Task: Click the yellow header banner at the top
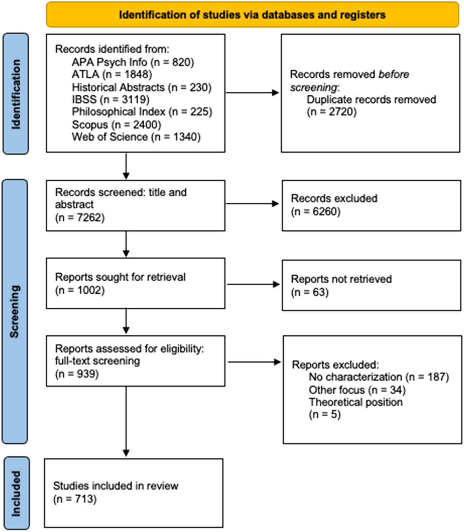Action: (x=252, y=15)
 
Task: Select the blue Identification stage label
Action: (x=16, y=94)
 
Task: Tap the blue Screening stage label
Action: (x=15, y=312)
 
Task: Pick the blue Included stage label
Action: (x=16, y=493)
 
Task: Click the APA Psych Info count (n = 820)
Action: (x=173, y=62)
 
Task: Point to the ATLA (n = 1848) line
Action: (x=112, y=75)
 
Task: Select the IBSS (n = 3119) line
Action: (x=111, y=100)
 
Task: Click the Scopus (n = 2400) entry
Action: (x=117, y=124)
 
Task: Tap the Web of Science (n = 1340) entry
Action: (x=136, y=137)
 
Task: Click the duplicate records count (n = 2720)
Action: (x=332, y=112)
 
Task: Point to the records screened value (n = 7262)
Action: (x=80, y=218)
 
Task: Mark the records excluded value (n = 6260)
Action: (x=316, y=212)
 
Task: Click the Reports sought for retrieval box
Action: (x=136, y=283)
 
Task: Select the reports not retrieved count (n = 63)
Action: (x=310, y=292)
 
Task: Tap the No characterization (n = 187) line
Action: (x=379, y=377)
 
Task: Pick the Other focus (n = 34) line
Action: (x=357, y=390)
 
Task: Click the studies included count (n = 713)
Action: (x=75, y=499)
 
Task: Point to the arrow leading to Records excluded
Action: (x=252, y=204)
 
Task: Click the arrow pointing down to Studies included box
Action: (x=126, y=422)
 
